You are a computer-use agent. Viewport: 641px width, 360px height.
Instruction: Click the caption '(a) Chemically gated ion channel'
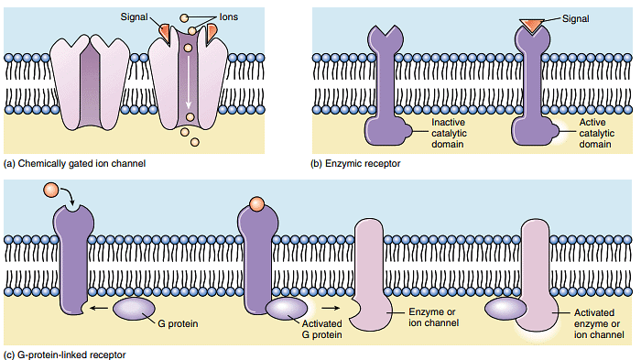pyautogui.click(x=75, y=164)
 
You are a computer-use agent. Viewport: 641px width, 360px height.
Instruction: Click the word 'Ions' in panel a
pyautogui.click(x=227, y=16)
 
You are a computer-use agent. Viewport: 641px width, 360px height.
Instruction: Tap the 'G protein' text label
pyautogui.click(x=179, y=323)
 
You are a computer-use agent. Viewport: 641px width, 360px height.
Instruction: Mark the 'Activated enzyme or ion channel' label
pyautogui.click(x=599, y=322)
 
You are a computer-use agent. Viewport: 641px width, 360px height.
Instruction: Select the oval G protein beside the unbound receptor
pyautogui.click(x=134, y=309)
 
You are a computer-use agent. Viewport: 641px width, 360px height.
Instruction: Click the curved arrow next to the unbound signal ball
pyautogui.click(x=72, y=197)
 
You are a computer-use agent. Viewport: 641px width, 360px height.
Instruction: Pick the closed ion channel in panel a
pyautogui.click(x=90, y=82)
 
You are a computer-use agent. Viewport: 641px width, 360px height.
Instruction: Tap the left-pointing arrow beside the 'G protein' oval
pyautogui.click(x=96, y=309)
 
